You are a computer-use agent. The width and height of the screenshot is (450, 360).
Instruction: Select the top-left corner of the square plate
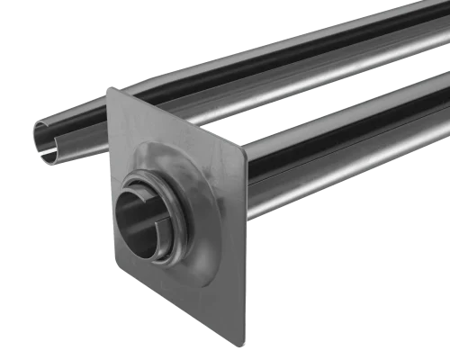pos(107,89)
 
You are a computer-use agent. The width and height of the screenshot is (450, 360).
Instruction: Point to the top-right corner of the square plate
pos(244,153)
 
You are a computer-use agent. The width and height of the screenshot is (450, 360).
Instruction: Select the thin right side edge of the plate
pos(245,252)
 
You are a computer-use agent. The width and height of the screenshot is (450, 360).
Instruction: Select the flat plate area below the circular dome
pos(193,288)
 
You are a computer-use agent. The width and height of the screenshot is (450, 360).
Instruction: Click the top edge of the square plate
pos(175,121)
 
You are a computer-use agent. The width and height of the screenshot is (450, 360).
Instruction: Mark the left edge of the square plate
pos(108,180)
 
